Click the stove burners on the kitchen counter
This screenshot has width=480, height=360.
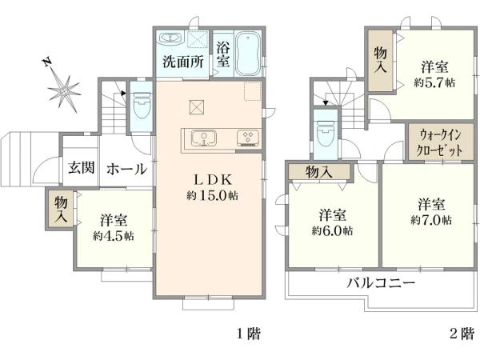247,138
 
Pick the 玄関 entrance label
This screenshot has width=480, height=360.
80,168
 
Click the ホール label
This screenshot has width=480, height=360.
126,168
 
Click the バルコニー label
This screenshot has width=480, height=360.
381,283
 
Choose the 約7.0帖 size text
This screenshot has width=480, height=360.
431,218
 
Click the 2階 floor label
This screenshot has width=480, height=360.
461,334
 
